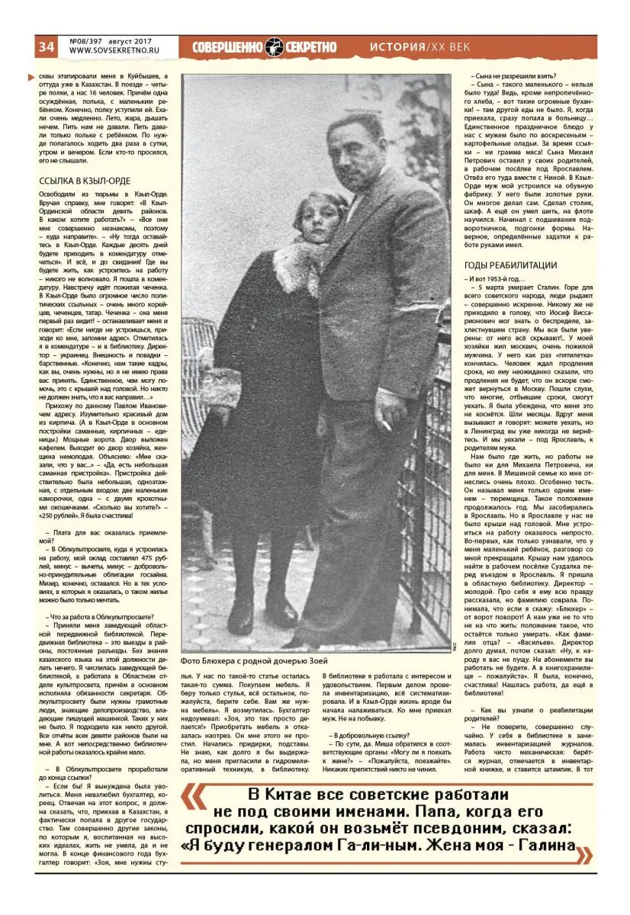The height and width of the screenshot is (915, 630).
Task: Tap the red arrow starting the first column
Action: pyautogui.click(x=30, y=76)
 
